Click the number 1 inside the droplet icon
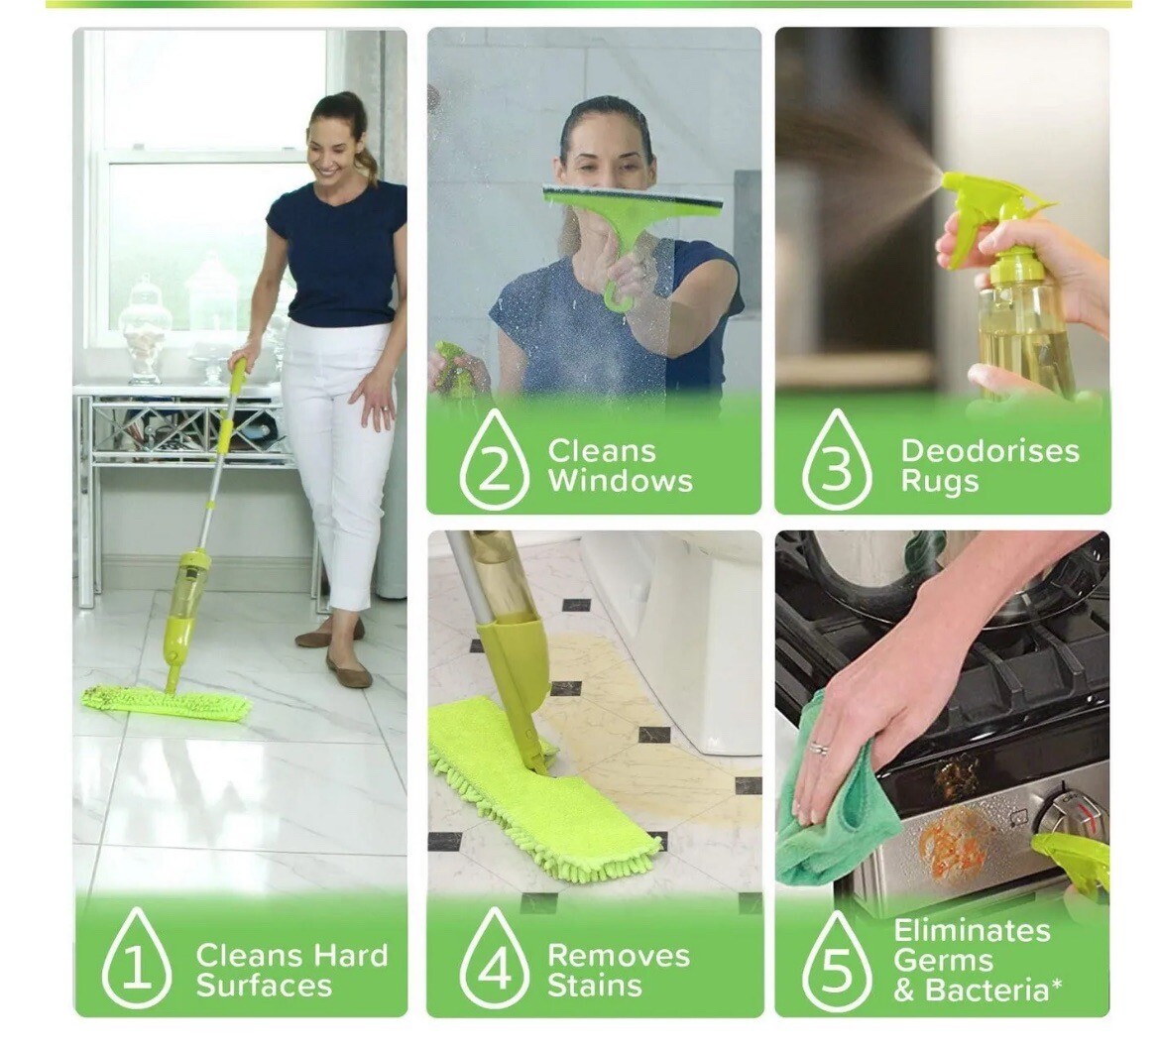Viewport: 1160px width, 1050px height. (x=137, y=967)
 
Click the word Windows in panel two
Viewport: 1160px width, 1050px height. (x=620, y=483)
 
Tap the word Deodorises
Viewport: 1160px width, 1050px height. (x=988, y=451)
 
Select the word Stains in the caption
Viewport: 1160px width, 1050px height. (x=594, y=987)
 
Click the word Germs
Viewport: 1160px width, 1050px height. (x=943, y=961)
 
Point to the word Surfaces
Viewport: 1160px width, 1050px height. (x=263, y=987)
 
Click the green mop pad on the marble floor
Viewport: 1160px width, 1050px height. (x=166, y=703)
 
